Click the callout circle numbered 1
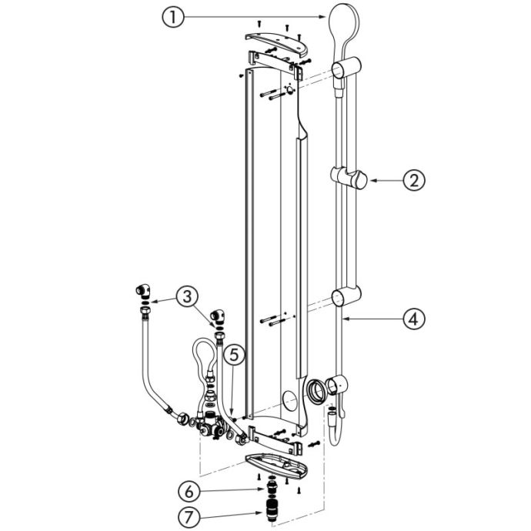coord(173,17)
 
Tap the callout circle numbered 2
coord(414,180)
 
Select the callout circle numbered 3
coord(187,297)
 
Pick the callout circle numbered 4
coord(414,319)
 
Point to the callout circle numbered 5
coord(234,355)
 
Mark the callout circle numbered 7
coord(189,517)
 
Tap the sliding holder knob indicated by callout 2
coord(359,180)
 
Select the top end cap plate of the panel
coord(277,43)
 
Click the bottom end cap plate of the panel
coord(277,466)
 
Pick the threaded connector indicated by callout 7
coord(271,511)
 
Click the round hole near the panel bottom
coord(290,400)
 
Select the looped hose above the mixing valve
coord(204,359)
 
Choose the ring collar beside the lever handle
coord(316,389)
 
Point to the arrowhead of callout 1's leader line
coord(322,17)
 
